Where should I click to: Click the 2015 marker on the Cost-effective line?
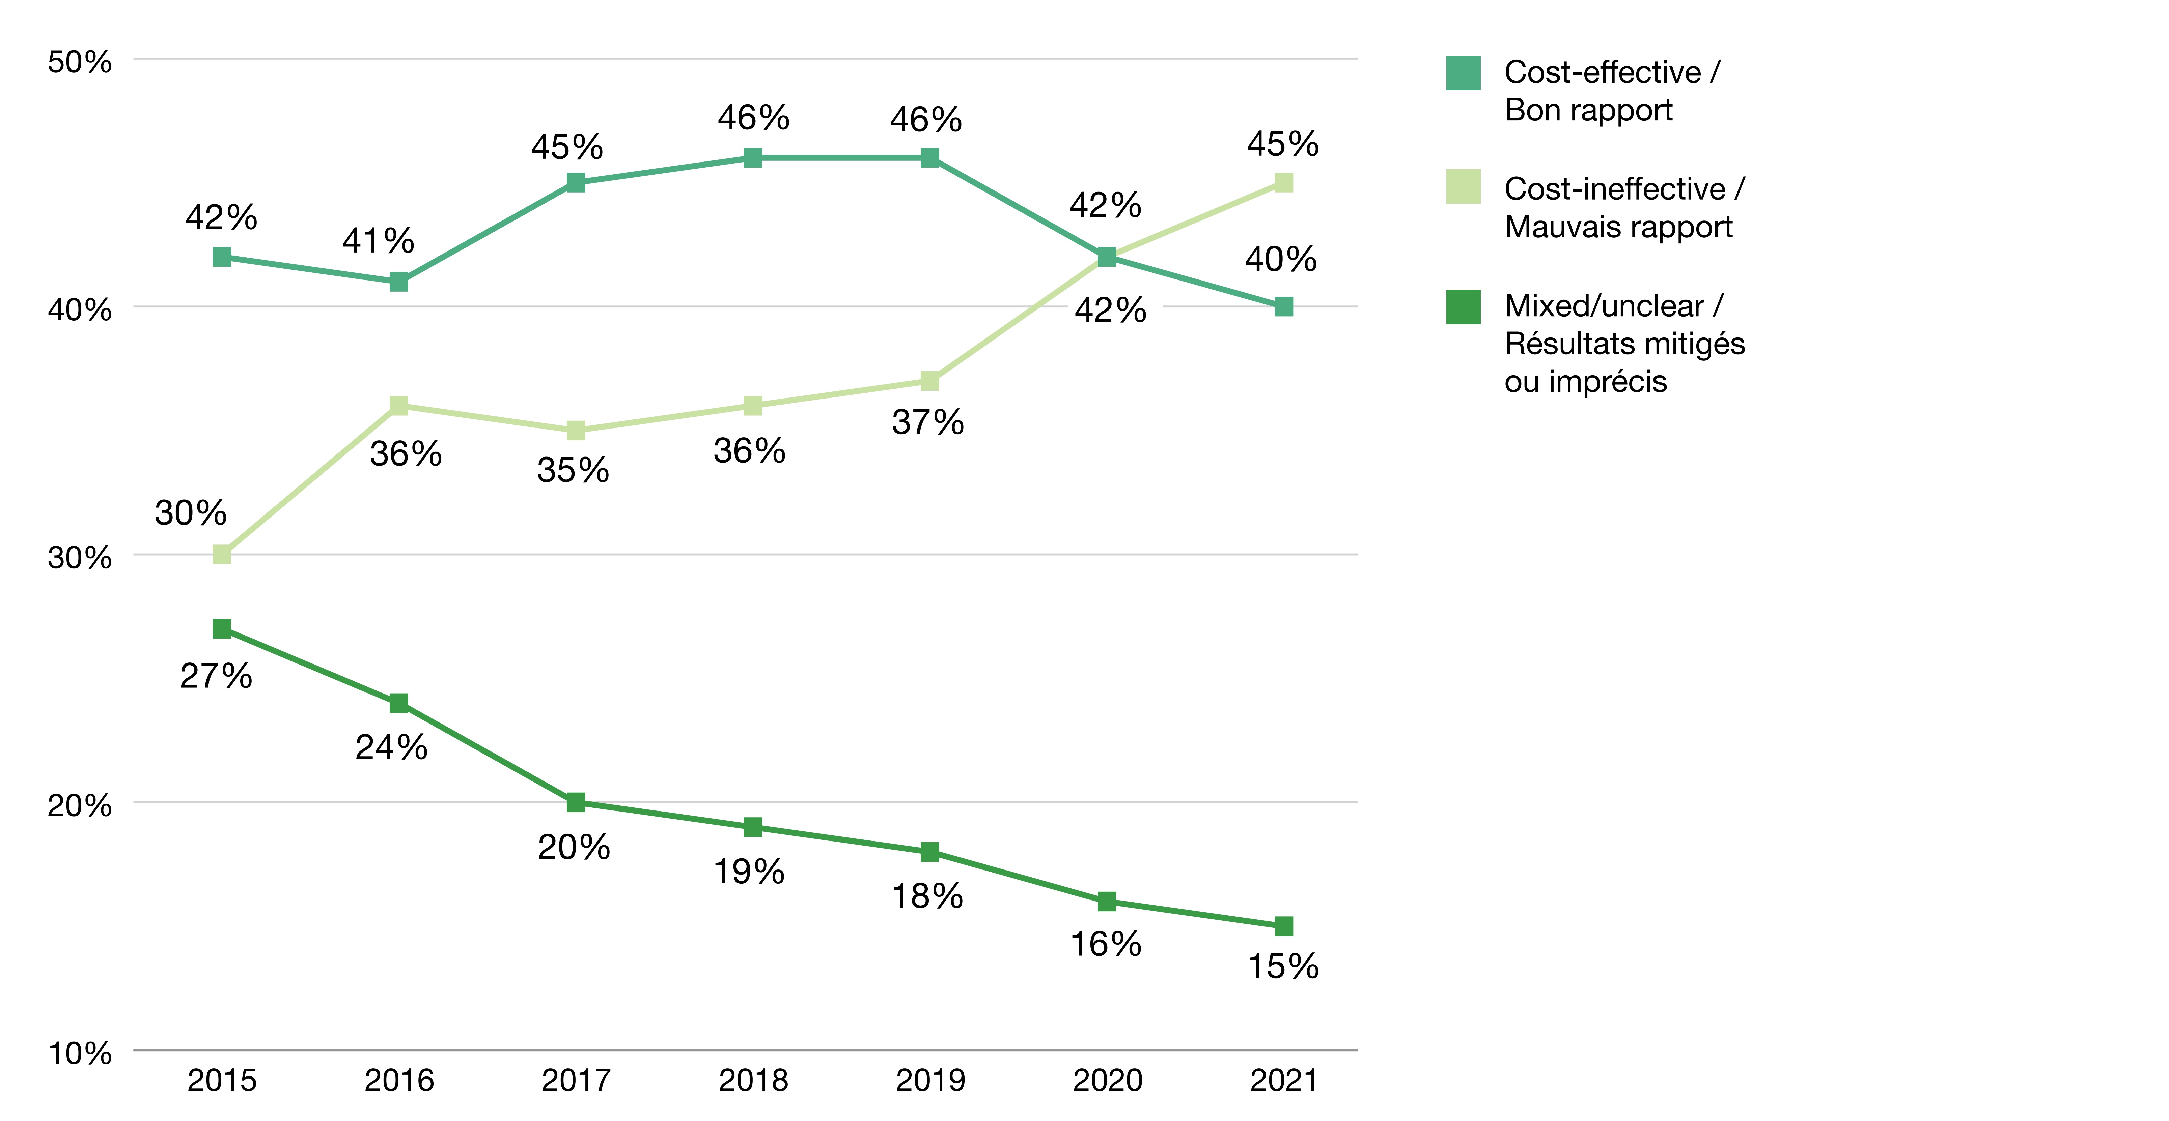click(x=221, y=257)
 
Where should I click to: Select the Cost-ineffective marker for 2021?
click(x=1283, y=183)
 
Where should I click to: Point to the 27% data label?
click(x=216, y=676)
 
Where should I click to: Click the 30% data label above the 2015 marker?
click(x=190, y=512)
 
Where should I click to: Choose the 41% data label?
click(x=378, y=241)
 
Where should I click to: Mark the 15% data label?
click(x=1282, y=966)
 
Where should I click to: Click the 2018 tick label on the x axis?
click(x=753, y=1080)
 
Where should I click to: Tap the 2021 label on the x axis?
click(x=1283, y=1080)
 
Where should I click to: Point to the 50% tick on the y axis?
click(x=79, y=61)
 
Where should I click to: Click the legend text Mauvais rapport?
click(x=1617, y=227)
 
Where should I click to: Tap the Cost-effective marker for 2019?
click(x=929, y=157)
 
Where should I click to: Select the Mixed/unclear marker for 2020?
click(x=1106, y=901)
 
